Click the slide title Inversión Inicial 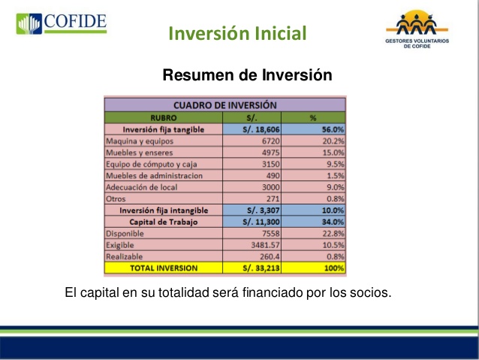[x=237, y=34]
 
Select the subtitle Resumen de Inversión [x=247, y=75]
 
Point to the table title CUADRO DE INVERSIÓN [x=224, y=105]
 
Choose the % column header [x=312, y=117]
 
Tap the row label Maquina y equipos [x=140, y=141]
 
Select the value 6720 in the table [x=267, y=141]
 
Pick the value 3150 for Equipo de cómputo [x=267, y=164]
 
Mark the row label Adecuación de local [x=143, y=187]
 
